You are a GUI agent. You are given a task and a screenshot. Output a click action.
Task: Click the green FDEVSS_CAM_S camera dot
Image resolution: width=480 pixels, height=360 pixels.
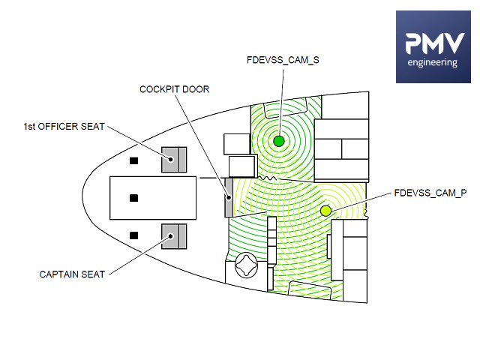[279, 141]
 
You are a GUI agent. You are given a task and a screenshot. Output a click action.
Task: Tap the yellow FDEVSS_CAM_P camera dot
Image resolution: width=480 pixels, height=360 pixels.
[325, 211]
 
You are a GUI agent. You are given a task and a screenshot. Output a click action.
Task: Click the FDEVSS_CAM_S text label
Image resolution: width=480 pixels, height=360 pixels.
[283, 58]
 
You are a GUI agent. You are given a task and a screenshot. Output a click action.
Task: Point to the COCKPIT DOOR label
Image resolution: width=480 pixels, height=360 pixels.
[175, 88]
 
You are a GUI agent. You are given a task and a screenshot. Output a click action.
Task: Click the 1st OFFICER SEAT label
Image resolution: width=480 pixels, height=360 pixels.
[63, 125]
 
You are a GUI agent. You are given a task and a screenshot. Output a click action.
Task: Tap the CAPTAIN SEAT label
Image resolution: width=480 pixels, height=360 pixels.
[72, 274]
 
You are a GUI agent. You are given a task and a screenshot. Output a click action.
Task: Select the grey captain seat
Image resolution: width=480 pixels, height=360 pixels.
[174, 236]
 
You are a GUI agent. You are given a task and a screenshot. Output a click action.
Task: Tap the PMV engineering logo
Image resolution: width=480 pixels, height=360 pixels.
[432, 46]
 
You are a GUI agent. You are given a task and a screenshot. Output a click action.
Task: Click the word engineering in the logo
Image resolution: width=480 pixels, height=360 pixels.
[432, 63]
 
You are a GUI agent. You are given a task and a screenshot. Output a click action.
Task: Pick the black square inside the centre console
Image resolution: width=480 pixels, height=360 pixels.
[134, 198]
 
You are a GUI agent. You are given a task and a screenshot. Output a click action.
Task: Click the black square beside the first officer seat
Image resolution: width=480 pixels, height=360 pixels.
[134, 160]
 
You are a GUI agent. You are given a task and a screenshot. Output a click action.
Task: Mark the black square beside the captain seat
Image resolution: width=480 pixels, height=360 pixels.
[134, 235]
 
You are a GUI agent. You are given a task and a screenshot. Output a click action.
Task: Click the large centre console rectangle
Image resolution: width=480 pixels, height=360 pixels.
[153, 198]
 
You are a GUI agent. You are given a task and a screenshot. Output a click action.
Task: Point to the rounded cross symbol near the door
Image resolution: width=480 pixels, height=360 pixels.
[247, 265]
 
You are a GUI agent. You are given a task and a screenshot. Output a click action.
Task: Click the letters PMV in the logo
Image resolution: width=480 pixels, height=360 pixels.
[432, 43]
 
